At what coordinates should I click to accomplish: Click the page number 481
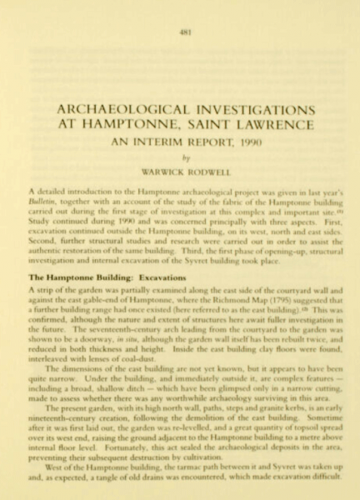click(x=180, y=32)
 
